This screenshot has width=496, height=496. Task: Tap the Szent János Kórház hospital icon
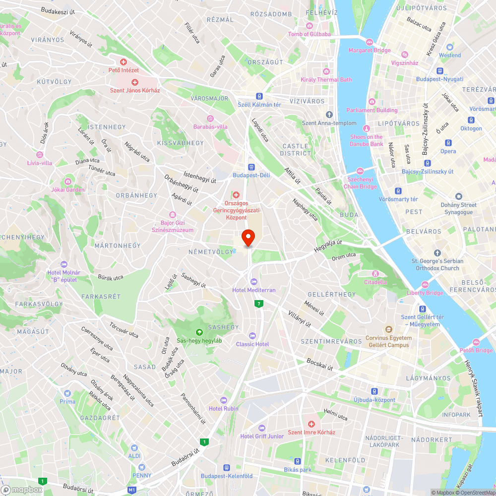point(134,82)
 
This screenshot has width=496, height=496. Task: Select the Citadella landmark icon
point(375,273)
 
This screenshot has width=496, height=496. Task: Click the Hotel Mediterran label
point(253,290)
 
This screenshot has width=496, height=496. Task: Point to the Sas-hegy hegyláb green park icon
point(199,332)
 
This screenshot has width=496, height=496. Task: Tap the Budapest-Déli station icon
point(251,167)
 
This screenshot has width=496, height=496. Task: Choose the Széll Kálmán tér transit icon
point(259,96)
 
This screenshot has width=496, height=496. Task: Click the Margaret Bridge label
point(370,50)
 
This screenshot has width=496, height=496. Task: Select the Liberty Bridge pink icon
point(425,284)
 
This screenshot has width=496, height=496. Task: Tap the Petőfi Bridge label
point(476,350)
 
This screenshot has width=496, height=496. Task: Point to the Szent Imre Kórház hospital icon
point(311,424)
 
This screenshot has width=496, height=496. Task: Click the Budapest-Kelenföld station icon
point(227,468)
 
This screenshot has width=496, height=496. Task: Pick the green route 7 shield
point(258,303)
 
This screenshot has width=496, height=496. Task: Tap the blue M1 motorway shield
point(132,490)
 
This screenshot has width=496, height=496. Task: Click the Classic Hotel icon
point(252,336)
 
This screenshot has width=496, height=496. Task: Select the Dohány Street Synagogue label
point(458,208)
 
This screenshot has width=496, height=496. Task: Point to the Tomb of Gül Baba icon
point(310,26)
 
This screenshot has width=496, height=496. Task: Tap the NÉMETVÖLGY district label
point(210,252)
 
